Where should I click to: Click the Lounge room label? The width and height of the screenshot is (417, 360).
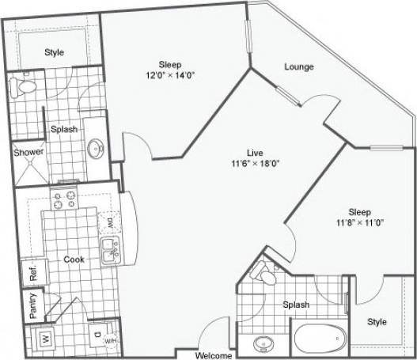[x=299, y=67]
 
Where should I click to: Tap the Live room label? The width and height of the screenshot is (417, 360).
[x=254, y=153]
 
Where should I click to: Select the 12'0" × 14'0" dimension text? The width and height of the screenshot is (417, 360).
[x=170, y=77]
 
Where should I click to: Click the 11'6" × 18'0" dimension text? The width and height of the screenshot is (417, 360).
[x=254, y=164]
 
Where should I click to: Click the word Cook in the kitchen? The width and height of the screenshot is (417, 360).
[x=74, y=258]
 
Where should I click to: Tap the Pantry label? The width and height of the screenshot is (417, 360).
[x=32, y=306]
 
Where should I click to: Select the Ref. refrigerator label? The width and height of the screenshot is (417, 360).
[x=33, y=273]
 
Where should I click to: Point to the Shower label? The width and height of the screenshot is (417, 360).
[x=28, y=152]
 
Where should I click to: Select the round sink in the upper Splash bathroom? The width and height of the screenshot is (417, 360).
[x=96, y=148]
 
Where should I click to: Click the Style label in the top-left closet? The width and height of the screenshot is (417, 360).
[x=54, y=52]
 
